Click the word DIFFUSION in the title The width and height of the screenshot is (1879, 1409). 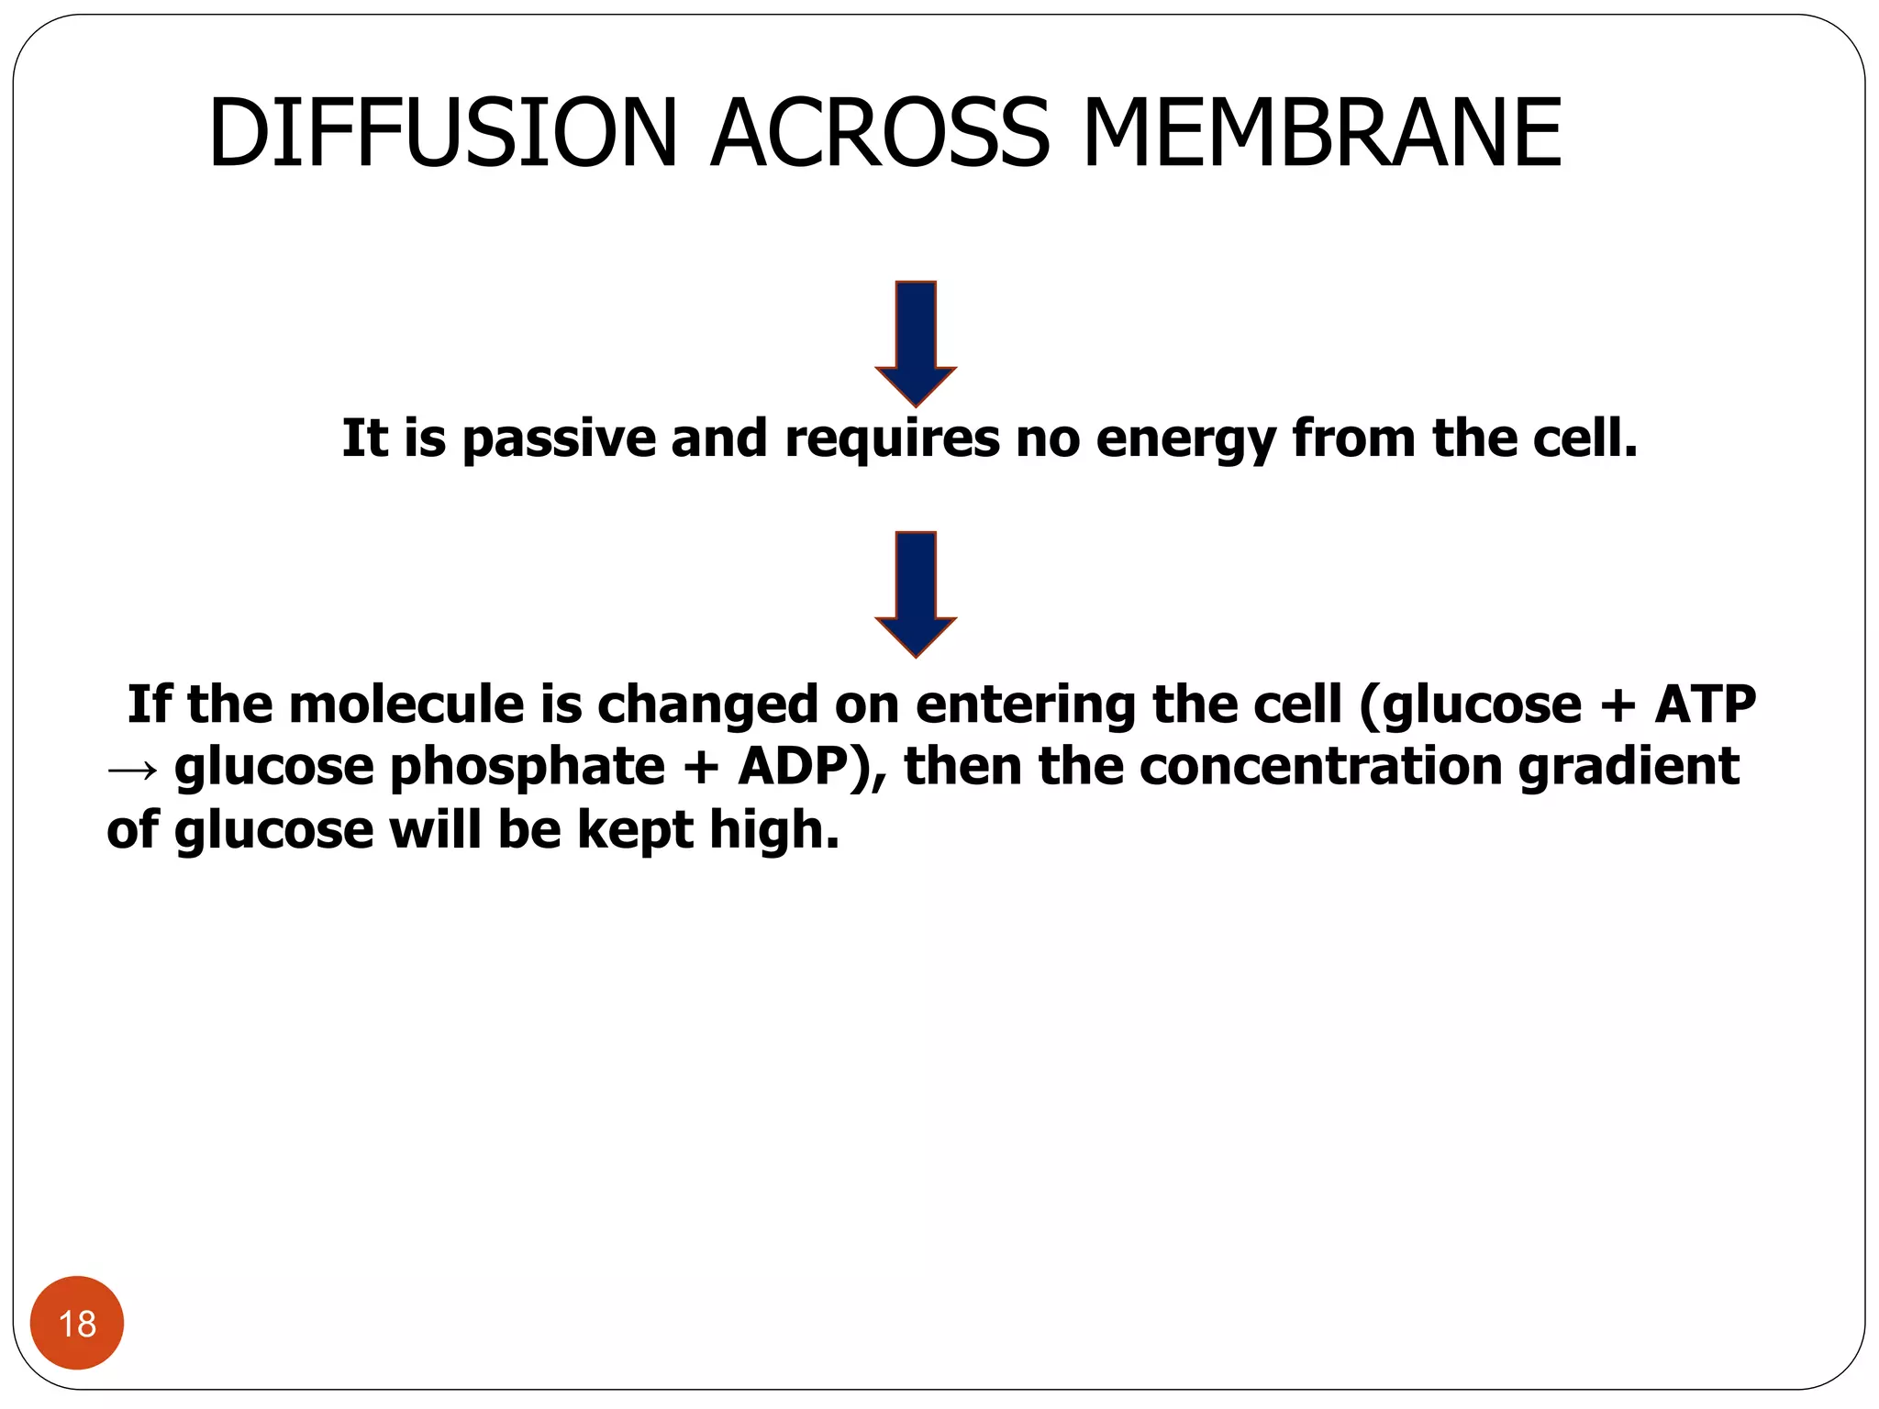[x=442, y=134]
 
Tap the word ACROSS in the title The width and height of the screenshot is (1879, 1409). [x=879, y=134]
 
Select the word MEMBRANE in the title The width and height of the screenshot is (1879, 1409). [x=1322, y=134]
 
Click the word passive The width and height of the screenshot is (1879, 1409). [x=558, y=438]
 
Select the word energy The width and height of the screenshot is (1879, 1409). [x=1185, y=438]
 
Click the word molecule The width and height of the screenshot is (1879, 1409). [x=406, y=704]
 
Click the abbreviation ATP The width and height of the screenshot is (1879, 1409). [x=1705, y=704]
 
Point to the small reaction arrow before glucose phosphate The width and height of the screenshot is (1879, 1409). [x=133, y=769]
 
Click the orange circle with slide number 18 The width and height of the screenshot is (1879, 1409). [x=77, y=1323]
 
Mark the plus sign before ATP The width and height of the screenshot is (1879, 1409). [x=1617, y=704]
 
